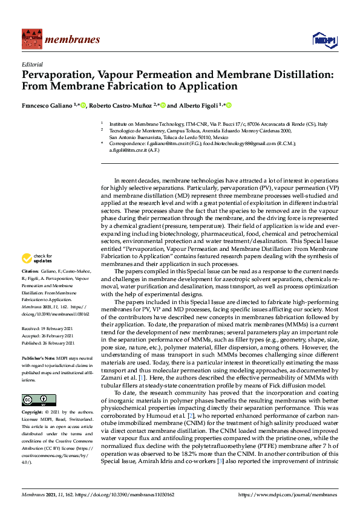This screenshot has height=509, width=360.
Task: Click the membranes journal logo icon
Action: pyautogui.click(x=30, y=39)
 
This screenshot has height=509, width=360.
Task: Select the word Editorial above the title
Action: pyautogui.click(x=31, y=64)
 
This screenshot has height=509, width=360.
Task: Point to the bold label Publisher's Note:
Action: pyautogui.click(x=40, y=358)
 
